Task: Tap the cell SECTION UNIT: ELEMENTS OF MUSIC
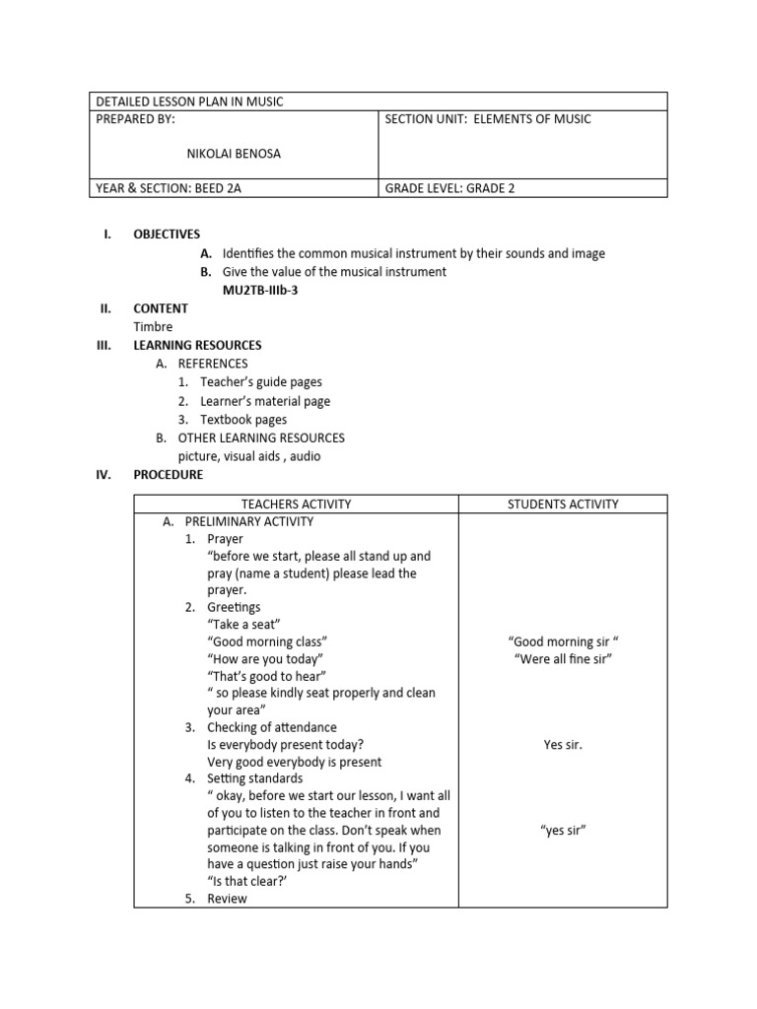(487, 120)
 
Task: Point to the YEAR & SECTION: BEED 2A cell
(169, 188)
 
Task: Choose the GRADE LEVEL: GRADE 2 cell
(449, 188)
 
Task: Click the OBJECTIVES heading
(167, 235)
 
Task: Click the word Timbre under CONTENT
(153, 327)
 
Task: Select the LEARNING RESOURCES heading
(197, 346)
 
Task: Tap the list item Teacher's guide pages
(260, 382)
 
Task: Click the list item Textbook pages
(243, 420)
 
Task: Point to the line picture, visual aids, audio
(248, 456)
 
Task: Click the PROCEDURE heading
(168, 475)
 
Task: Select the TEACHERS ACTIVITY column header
(296, 504)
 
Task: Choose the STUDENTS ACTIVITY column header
(563, 504)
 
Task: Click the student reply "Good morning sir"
(563, 641)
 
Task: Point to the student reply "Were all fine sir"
(563, 659)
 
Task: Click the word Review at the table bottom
(227, 899)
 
